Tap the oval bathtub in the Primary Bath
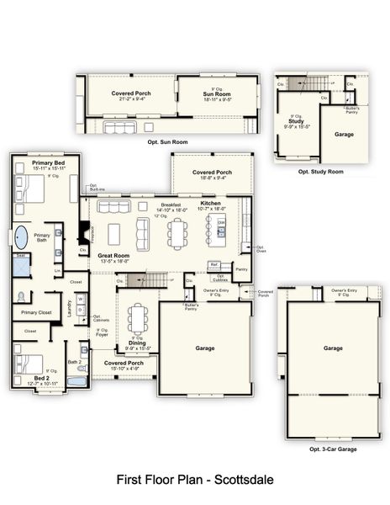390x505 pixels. pyautogui.click(x=21, y=236)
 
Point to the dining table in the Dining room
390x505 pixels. pyautogui.click(x=136, y=319)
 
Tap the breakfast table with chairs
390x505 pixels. pyautogui.click(x=176, y=233)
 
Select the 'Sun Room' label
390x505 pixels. pyautogui.click(x=217, y=93)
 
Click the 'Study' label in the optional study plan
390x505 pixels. pyautogui.click(x=296, y=121)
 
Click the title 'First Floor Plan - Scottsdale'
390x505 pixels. pyautogui.click(x=194, y=480)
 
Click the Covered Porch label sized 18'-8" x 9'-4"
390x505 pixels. pyautogui.click(x=212, y=173)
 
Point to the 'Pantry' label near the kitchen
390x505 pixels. pyautogui.click(x=241, y=269)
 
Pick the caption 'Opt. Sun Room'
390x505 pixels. pyautogui.click(x=166, y=143)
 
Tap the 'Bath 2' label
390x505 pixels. pyautogui.click(x=72, y=362)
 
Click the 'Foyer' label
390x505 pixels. pyautogui.click(x=101, y=334)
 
